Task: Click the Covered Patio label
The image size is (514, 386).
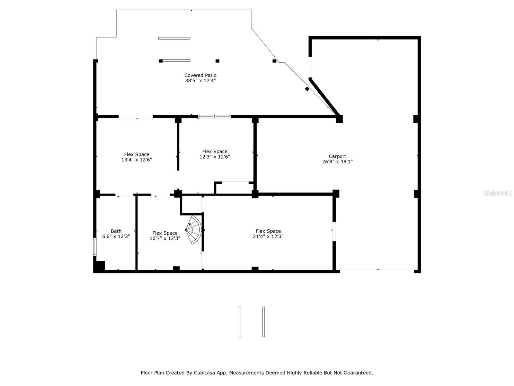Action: (x=200, y=75)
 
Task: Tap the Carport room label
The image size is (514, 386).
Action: (x=337, y=156)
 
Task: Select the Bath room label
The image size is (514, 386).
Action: (x=116, y=231)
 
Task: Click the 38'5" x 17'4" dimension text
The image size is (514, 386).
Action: (x=200, y=81)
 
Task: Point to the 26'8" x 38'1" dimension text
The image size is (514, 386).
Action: (x=337, y=162)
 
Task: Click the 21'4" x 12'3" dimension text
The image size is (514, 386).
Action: (x=268, y=236)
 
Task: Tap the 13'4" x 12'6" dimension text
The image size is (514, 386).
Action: (x=137, y=160)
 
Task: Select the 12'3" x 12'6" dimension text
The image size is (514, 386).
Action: (x=215, y=157)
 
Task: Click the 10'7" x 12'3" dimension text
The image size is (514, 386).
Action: (x=165, y=238)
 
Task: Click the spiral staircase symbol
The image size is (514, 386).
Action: (x=194, y=230)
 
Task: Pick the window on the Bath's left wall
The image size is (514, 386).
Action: (x=95, y=247)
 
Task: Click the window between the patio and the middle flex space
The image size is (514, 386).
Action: (x=214, y=116)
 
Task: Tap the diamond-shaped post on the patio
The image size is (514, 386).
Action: (x=307, y=89)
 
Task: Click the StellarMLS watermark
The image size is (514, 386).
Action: (x=498, y=193)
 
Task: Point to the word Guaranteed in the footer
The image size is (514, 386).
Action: (x=358, y=373)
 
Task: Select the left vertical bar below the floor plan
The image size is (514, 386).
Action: (x=240, y=322)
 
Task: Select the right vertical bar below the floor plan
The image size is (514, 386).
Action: (x=263, y=322)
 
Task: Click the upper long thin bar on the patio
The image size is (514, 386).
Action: (x=174, y=38)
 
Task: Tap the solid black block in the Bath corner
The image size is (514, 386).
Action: (x=100, y=266)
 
